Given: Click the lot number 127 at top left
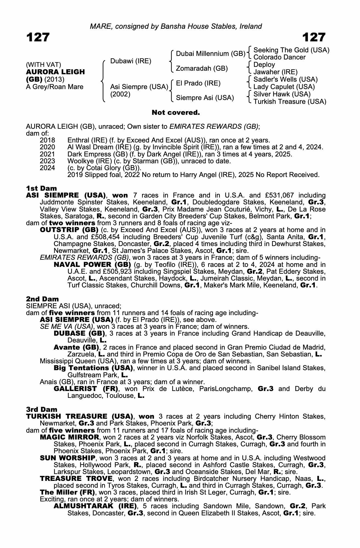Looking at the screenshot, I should (38, 37).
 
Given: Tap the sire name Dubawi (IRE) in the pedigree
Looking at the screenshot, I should (131, 61).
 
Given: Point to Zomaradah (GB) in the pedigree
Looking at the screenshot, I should (202, 68).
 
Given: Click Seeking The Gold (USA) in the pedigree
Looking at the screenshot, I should (291, 50).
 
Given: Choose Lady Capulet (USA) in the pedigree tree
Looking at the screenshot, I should (284, 87).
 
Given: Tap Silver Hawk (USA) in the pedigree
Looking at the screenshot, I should (282, 94).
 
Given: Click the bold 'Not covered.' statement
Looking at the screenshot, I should (176, 113).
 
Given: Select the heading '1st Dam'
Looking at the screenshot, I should (42, 188).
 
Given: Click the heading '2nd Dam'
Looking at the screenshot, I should (42, 299).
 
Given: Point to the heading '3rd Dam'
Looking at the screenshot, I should (42, 409).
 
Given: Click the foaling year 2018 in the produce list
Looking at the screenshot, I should (47, 140).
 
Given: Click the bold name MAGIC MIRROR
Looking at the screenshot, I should (70, 437).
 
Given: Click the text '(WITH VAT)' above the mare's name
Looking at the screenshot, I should (43, 65).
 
